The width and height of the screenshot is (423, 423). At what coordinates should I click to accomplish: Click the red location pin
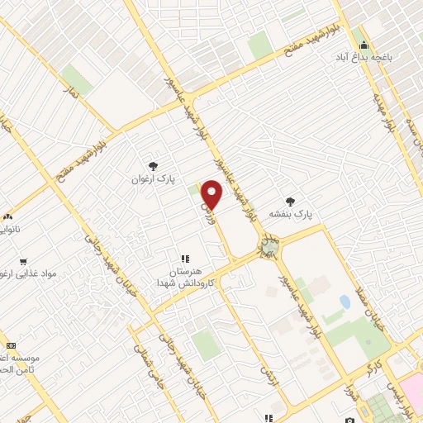click(212, 193)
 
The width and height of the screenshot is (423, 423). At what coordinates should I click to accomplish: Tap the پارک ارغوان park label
click(153, 178)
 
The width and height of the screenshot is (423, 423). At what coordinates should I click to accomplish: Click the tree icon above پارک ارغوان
click(153, 165)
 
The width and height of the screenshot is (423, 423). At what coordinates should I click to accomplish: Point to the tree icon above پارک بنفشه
click(289, 200)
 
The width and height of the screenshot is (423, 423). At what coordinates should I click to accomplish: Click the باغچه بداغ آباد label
click(363, 58)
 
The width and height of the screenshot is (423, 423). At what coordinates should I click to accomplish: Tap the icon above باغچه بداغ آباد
click(363, 45)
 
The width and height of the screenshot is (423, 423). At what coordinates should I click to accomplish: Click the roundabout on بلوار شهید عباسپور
click(269, 246)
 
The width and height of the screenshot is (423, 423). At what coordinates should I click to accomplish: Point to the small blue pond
click(345, 302)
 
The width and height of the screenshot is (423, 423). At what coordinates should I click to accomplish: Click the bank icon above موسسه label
click(11, 345)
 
